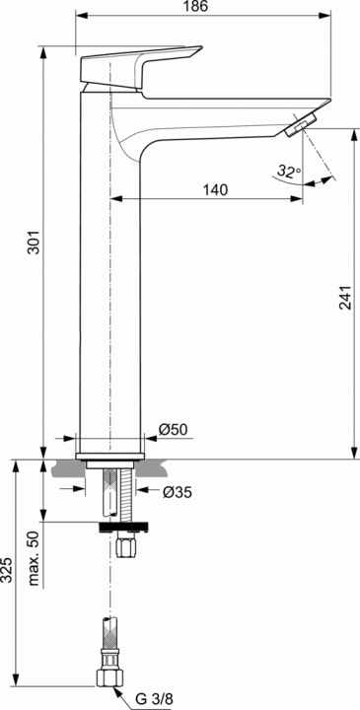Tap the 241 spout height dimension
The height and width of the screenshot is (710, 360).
click(x=345, y=298)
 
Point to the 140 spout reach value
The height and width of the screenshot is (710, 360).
click(x=215, y=190)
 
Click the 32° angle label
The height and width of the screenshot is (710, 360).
click(x=289, y=172)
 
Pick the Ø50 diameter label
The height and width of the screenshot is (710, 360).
click(x=173, y=429)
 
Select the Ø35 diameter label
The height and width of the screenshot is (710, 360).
click(x=178, y=492)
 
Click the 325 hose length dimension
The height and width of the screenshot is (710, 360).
click(x=6, y=570)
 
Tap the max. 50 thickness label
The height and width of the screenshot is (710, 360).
click(x=35, y=558)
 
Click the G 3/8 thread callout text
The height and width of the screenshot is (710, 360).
click(x=154, y=699)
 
